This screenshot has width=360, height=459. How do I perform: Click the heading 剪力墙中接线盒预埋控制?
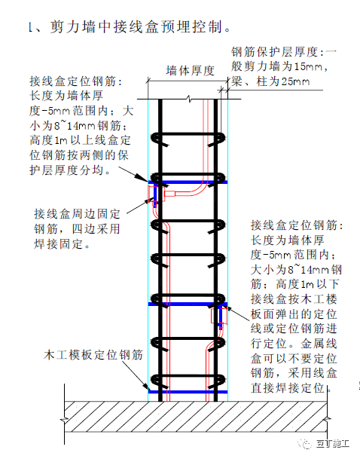[136, 27]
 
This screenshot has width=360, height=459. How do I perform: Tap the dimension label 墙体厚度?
[191, 71]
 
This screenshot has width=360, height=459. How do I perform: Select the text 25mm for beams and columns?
[295, 81]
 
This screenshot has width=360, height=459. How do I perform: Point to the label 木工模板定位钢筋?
[93, 354]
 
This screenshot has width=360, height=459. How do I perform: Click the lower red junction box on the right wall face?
[218, 315]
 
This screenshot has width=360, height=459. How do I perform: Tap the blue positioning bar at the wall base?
[188, 392]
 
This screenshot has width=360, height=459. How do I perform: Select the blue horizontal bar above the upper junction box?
[188, 182]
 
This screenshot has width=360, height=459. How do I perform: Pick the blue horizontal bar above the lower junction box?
[188, 304]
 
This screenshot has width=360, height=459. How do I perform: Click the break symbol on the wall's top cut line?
[189, 99]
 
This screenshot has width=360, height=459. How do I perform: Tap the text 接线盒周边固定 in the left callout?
[78, 214]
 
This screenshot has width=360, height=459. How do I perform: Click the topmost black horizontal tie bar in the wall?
[188, 134]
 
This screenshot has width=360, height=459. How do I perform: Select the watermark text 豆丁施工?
[333, 443]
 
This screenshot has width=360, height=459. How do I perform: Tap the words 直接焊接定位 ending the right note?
[288, 388]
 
